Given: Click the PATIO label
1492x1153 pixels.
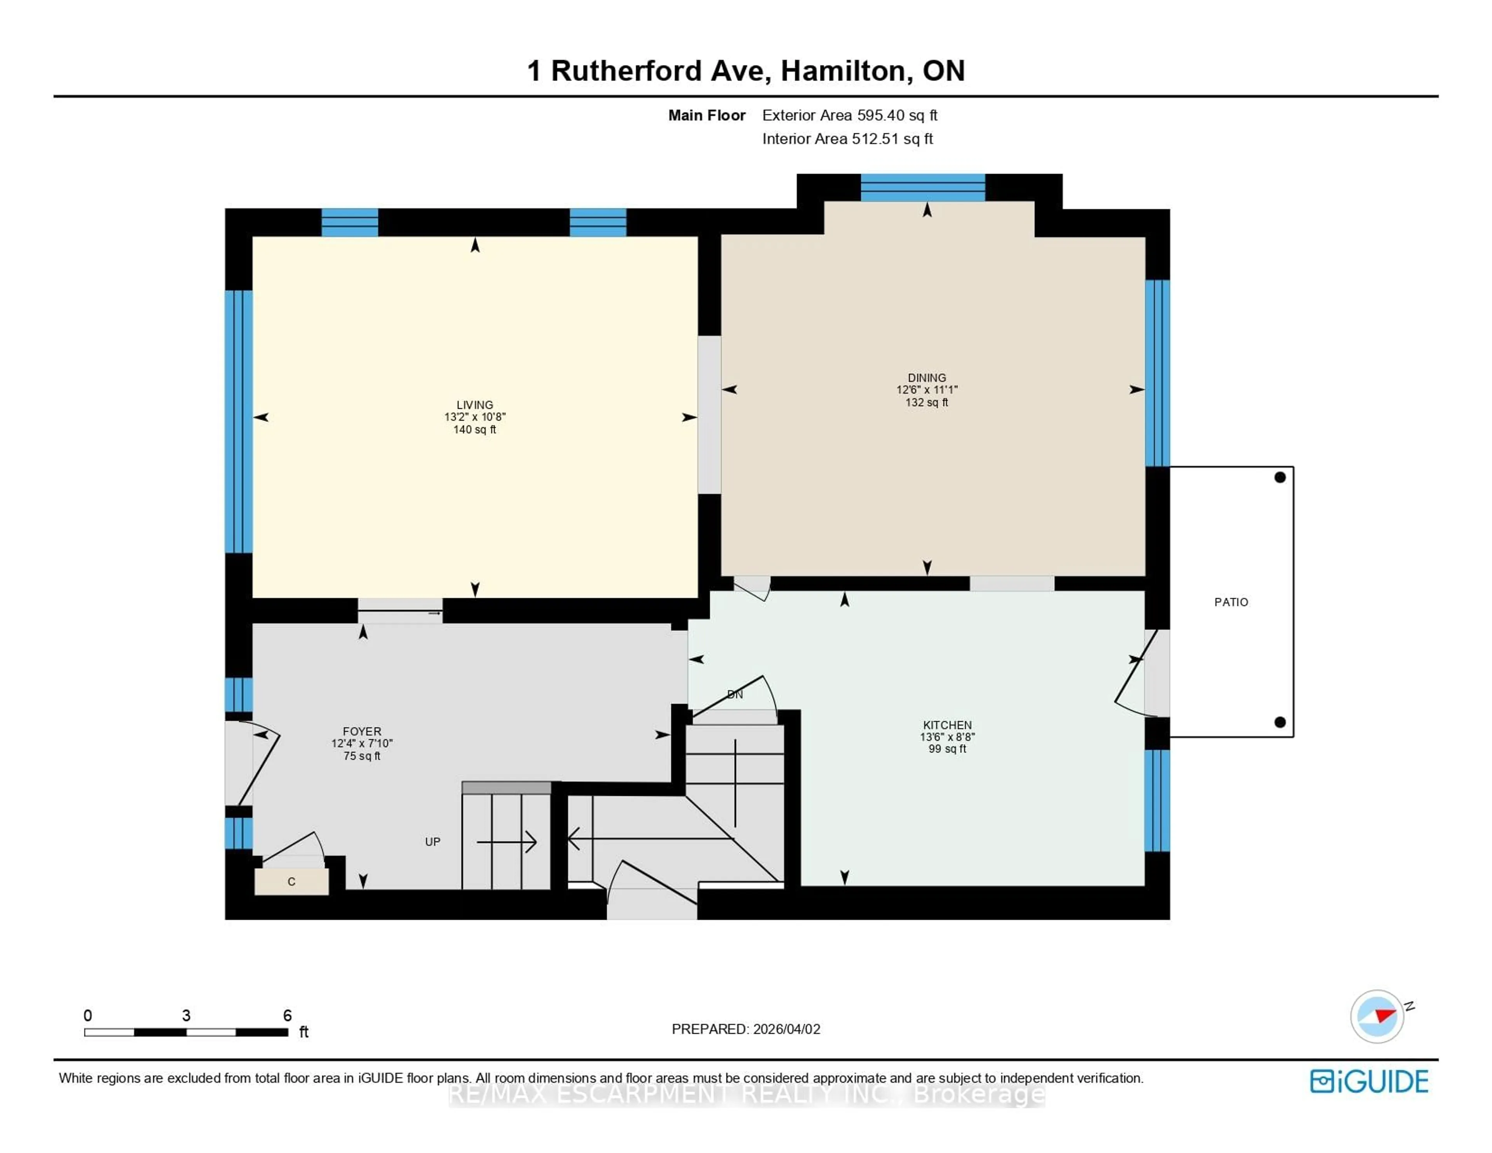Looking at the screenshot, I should (1231, 602).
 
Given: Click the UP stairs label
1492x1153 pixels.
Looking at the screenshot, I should (432, 841).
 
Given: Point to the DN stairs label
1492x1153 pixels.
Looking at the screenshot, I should (734, 694).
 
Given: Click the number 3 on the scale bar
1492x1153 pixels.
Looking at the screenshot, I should (186, 1015).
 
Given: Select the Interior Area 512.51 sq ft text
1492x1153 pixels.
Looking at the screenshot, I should (847, 139).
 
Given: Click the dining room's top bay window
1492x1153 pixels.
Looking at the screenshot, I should (922, 187).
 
